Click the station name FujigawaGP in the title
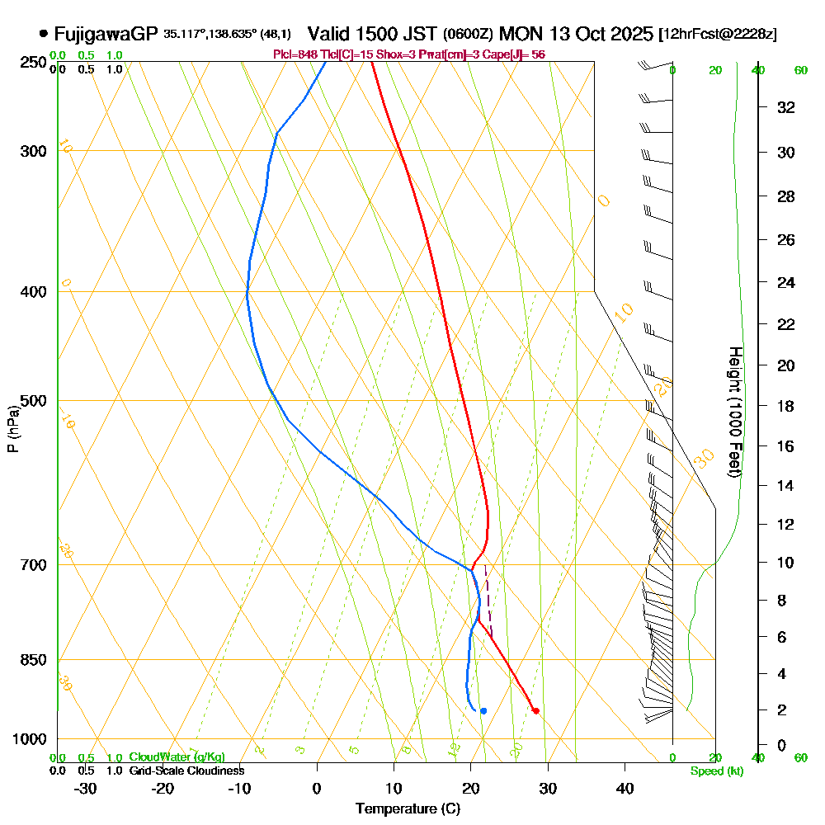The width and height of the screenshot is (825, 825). click(x=106, y=35)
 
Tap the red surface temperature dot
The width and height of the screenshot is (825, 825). click(x=535, y=710)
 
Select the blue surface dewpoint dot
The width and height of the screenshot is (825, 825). click(x=483, y=710)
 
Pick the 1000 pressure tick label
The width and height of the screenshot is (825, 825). click(x=31, y=739)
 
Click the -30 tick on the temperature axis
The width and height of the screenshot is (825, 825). click(x=86, y=789)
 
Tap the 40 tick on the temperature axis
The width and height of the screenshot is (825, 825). click(x=625, y=789)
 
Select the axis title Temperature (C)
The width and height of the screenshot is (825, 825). click(x=408, y=808)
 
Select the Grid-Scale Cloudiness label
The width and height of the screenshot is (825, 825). click(x=186, y=771)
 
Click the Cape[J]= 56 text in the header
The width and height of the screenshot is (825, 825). click(x=516, y=54)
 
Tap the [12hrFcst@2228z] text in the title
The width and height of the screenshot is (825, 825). click(x=718, y=35)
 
